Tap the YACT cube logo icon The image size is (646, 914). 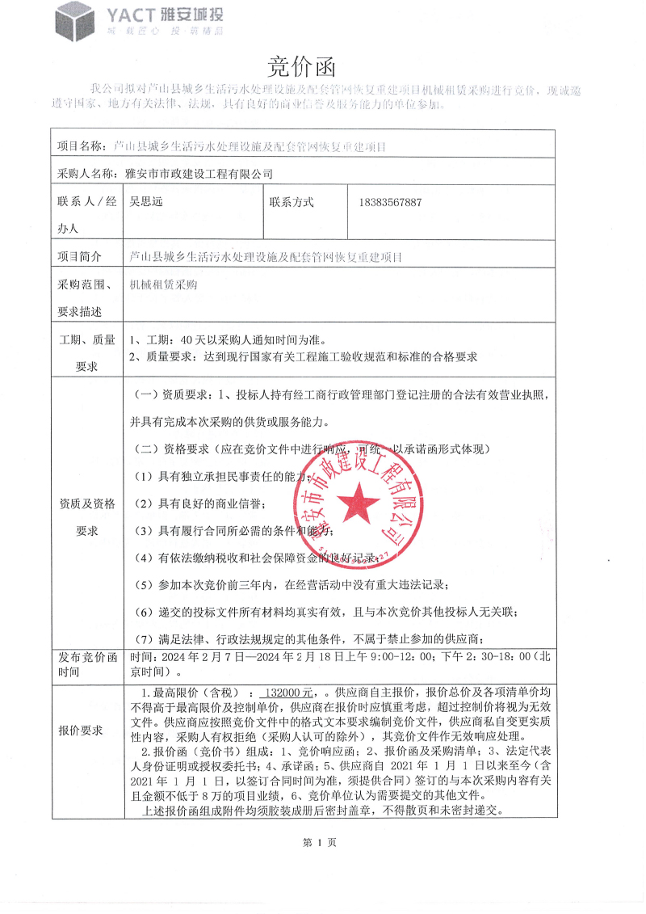click(x=75, y=21)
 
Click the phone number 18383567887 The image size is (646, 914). click(x=390, y=202)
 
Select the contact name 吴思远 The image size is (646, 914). click(x=141, y=202)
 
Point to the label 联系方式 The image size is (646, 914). click(x=292, y=202)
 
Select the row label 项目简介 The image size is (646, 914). click(x=79, y=257)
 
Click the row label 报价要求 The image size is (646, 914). click(x=81, y=731)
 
